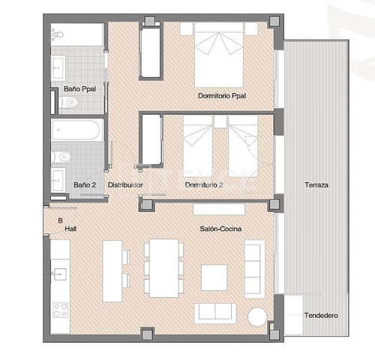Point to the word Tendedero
(320, 315)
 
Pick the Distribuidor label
(125, 184)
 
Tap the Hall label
(70, 229)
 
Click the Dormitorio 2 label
(205, 184)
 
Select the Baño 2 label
(84, 184)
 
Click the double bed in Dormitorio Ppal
(219, 60)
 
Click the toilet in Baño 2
(63, 157)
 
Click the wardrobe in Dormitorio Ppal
(151, 53)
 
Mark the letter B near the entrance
(60, 220)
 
